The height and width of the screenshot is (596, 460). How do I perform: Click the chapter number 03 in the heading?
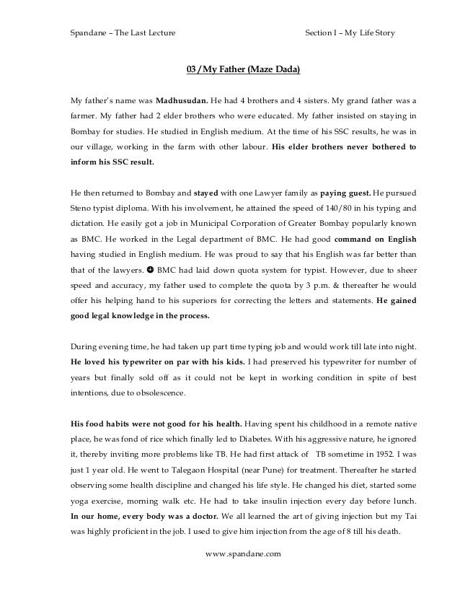(192, 70)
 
